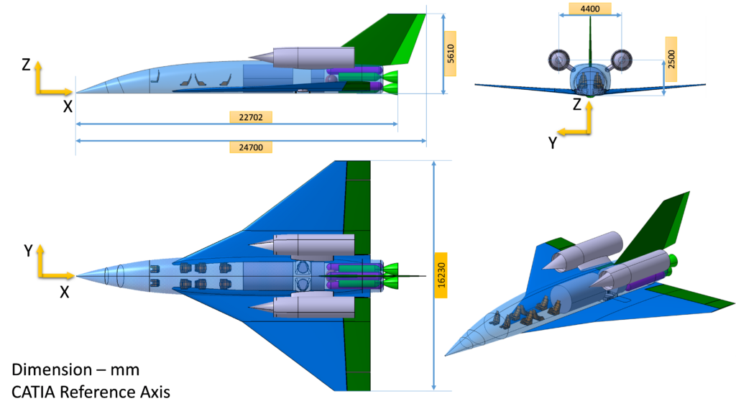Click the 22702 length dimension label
tap(251, 117)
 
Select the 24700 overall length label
tap(251, 147)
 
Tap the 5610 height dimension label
tap(450, 53)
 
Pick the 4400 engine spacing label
tap(590, 9)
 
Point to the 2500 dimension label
tap(671, 59)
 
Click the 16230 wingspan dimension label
tap(441, 275)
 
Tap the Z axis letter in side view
tap(27, 65)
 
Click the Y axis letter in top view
tap(28, 251)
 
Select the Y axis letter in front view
tap(553, 143)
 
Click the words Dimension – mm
tap(75, 370)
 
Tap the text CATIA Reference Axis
tap(91, 392)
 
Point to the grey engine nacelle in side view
tap(302, 57)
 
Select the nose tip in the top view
tap(76, 275)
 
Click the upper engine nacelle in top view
tap(302, 245)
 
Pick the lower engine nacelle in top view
tap(302, 306)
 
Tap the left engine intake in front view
tap(558, 60)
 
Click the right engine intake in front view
tap(622, 60)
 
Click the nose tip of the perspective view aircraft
tap(446, 355)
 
